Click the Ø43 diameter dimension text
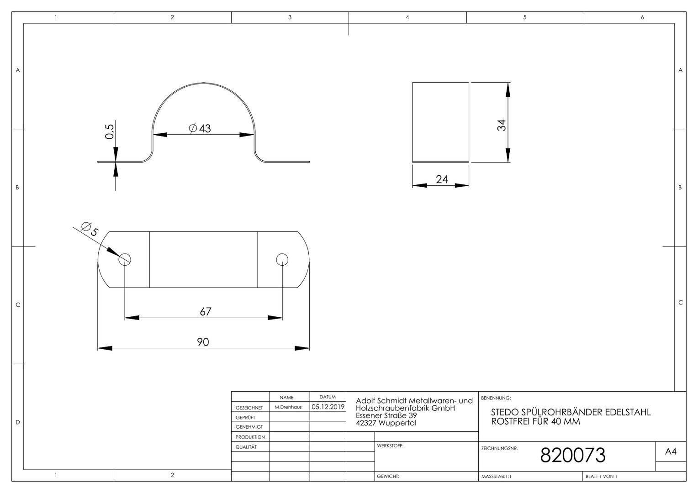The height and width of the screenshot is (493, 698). tap(200, 128)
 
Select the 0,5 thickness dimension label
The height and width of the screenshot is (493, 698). tap(110, 131)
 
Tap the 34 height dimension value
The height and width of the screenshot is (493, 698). tap(501, 125)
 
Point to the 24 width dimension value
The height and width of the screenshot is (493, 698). tap(442, 179)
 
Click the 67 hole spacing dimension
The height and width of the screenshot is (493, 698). tap(206, 311)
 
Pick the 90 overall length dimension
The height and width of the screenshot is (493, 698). tap(203, 342)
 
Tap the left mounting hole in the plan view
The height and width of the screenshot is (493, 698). tap(125, 259)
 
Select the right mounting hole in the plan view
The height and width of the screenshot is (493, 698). tap(282, 259)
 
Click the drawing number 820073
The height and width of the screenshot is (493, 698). tap(573, 455)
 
